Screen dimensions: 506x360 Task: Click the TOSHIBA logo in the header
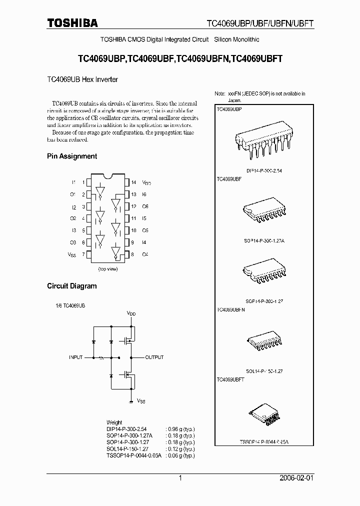[72, 22]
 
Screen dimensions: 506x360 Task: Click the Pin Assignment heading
[72, 156]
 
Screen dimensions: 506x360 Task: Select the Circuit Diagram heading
[72, 286]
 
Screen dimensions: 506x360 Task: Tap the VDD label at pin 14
[146, 183]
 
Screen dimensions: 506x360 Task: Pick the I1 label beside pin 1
[73, 182]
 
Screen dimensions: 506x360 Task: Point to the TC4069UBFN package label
[231, 310]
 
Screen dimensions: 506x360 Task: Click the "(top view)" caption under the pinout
[107, 269]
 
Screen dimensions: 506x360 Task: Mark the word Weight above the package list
[114, 422]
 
